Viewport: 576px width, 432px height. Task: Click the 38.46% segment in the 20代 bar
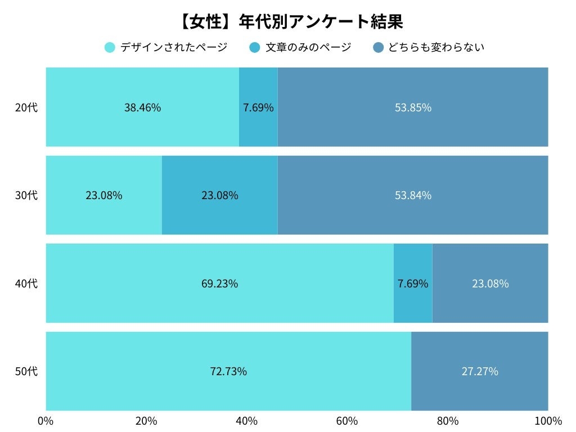[x=142, y=107]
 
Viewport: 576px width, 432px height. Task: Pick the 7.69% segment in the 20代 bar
[x=258, y=107]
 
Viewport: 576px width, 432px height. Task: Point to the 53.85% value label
[x=413, y=107]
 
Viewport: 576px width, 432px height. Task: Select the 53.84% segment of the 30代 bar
[x=413, y=195]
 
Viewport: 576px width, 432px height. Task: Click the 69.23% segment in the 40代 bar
[x=219, y=283]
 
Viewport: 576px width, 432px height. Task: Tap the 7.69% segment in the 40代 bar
[x=413, y=283]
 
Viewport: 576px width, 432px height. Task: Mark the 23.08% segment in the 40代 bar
[x=490, y=283]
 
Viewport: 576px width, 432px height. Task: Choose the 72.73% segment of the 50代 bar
[x=228, y=371]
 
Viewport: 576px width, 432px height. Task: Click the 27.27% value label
[x=480, y=371]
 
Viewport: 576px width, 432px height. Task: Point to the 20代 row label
[x=26, y=107]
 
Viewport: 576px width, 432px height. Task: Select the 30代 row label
[x=26, y=195]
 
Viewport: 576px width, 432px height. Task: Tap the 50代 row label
[x=26, y=371]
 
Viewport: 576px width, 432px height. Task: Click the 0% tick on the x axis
[x=45, y=421]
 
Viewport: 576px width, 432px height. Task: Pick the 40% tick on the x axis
[x=246, y=421]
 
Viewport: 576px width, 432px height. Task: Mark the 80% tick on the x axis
[x=448, y=421]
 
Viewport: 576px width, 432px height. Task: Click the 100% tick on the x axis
[x=548, y=421]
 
